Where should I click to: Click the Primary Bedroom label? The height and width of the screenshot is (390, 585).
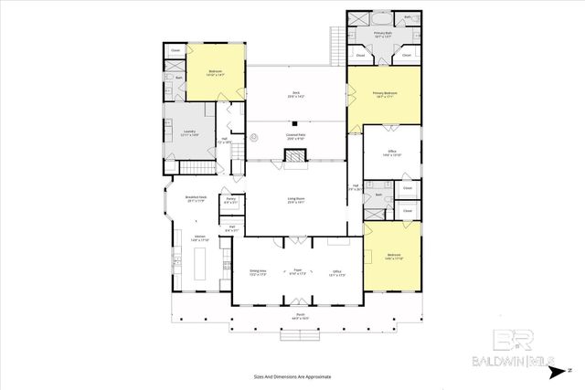click(383, 94)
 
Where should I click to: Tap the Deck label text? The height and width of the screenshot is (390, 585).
click(295, 95)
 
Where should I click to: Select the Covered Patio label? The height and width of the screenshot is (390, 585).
click(295, 137)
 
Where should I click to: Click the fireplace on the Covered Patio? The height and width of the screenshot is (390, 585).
click(295, 156)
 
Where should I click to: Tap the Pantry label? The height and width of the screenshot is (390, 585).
click(232, 200)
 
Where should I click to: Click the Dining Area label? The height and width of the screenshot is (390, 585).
click(257, 271)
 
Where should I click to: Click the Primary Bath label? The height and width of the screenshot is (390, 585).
click(382, 34)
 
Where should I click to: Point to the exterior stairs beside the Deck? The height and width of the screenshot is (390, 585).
click(336, 40)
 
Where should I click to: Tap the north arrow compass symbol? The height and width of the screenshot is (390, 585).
click(566, 369)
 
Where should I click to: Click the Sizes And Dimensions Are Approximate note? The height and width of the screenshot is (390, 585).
click(292, 375)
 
